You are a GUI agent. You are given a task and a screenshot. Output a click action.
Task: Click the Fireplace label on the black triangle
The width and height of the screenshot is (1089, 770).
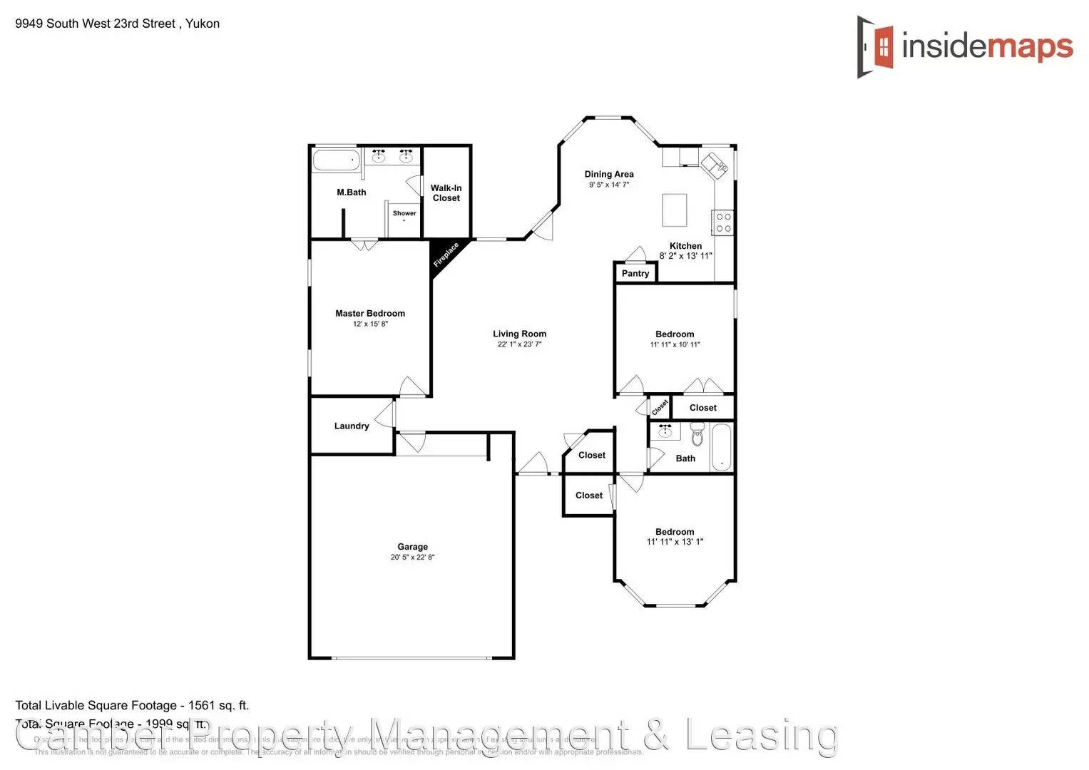(x=446, y=255)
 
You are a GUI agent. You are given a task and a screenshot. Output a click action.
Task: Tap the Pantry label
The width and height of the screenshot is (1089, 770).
(x=635, y=273)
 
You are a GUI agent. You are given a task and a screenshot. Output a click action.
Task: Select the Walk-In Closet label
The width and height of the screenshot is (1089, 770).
(x=446, y=193)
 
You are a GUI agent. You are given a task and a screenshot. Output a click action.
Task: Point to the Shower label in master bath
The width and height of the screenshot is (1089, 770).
(x=404, y=213)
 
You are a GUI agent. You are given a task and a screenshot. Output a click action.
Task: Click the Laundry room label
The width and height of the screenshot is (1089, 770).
(x=352, y=426)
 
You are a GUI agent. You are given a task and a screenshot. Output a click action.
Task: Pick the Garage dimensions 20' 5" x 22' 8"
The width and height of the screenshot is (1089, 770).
(x=412, y=558)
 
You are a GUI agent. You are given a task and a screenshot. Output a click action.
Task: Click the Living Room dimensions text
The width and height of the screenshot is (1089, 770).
(x=519, y=344)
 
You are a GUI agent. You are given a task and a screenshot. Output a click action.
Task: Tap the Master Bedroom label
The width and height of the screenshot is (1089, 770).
(x=370, y=313)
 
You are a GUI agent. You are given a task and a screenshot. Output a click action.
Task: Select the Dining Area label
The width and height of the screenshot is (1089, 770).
(x=609, y=174)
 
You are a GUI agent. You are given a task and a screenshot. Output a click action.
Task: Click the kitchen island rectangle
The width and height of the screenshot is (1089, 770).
(x=675, y=210)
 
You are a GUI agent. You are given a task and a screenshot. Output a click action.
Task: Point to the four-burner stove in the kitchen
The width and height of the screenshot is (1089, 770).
(x=723, y=222)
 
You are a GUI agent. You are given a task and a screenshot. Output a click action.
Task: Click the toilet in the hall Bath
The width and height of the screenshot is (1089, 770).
(x=697, y=433)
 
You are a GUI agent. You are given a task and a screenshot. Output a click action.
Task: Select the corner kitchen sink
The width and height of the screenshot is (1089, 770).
(x=714, y=165)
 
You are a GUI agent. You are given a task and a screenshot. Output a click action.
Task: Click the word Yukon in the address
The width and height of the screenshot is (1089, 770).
(x=203, y=24)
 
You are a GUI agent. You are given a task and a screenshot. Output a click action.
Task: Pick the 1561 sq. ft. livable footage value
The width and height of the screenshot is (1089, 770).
(x=218, y=706)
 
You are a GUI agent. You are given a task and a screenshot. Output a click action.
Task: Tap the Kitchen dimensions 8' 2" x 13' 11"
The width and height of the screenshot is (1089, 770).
(x=685, y=256)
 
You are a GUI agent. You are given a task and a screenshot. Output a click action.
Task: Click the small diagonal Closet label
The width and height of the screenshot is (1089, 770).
(x=660, y=406)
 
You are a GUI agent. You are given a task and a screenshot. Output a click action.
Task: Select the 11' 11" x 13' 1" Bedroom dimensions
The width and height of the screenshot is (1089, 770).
(x=675, y=542)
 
